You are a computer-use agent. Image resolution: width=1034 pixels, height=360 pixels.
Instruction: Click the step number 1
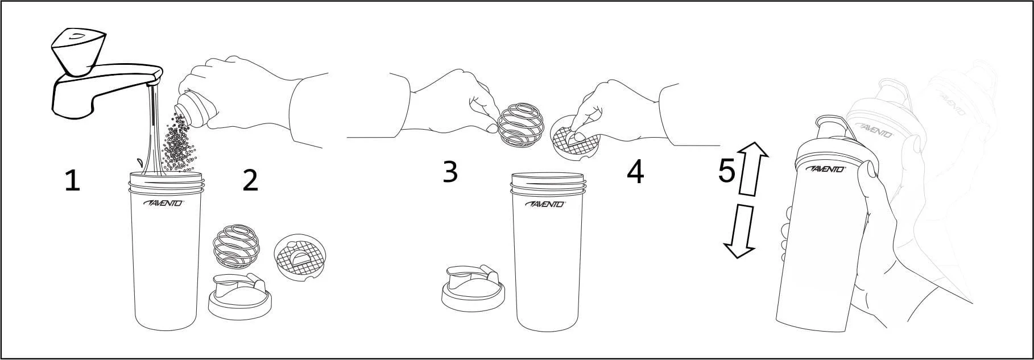[72, 181]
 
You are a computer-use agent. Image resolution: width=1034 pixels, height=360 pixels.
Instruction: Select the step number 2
[250, 180]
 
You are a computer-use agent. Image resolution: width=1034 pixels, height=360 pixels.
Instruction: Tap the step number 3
[450, 171]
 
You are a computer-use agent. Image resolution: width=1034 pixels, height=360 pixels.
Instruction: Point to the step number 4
[635, 172]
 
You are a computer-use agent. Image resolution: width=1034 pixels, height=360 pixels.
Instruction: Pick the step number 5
[727, 171]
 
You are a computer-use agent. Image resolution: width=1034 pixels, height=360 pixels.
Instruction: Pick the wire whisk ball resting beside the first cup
[235, 246]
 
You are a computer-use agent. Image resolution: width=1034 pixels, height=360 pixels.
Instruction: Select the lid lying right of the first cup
[241, 295]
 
